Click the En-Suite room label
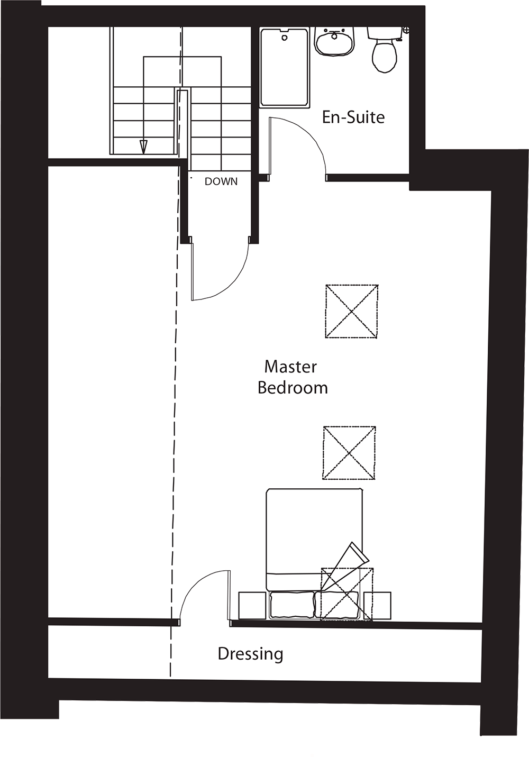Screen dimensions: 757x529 [353, 117]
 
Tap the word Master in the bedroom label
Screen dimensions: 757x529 [290, 366]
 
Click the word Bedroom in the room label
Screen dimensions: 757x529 [293, 388]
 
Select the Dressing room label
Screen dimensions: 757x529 [250, 654]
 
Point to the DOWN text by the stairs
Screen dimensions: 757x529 [221, 181]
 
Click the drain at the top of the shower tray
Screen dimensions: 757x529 [285, 37]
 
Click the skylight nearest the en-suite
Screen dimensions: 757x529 [351, 312]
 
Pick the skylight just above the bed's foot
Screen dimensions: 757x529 [349, 453]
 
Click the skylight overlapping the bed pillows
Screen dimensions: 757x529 [346, 594]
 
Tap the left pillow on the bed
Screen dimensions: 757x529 [291, 605]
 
